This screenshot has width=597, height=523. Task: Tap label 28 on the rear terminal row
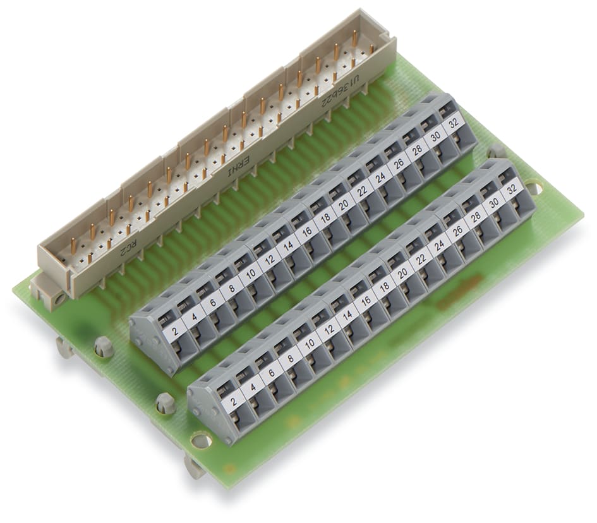417,150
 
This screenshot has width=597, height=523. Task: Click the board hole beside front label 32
533,186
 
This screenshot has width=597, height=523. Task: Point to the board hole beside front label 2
201,440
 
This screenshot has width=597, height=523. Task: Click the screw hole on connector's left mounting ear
59,298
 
